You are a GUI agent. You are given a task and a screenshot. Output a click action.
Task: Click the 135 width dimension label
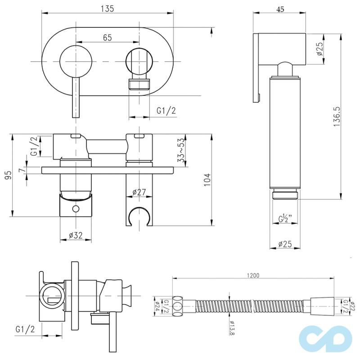click(108, 9)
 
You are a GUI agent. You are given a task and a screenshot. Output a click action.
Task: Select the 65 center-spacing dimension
click(107, 38)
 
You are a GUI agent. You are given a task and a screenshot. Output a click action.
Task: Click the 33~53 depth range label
click(181, 149)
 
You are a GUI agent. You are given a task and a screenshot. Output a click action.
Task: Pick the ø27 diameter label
click(139, 192)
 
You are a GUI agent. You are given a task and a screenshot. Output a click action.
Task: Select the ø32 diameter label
click(76, 234)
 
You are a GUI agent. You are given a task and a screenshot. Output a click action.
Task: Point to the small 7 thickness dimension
click(21, 170)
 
